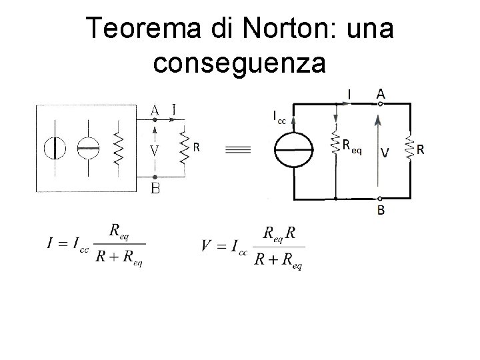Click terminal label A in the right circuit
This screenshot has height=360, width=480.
pyautogui.click(x=380, y=95)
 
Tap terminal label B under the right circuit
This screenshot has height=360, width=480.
pyautogui.click(x=381, y=211)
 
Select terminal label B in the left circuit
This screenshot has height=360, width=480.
pyautogui.click(x=155, y=189)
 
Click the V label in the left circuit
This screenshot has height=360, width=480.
pyautogui.click(x=155, y=151)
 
